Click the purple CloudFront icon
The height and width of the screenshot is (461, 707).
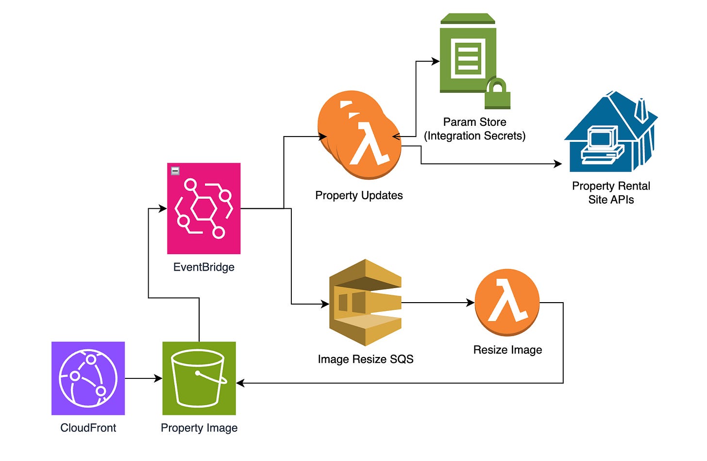[x=88, y=378]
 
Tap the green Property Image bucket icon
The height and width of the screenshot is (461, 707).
[x=199, y=378]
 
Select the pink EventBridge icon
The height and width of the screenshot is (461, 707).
[x=203, y=208]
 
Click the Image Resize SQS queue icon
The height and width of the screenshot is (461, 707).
[x=365, y=303]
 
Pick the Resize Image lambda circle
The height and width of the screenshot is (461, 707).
[x=507, y=302]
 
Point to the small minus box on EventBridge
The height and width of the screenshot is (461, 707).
[x=175, y=171]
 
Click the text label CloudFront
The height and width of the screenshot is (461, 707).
[x=88, y=427]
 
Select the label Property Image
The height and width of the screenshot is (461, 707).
[x=199, y=427]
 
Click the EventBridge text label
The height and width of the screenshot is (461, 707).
[x=203, y=267]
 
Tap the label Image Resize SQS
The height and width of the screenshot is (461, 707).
[x=365, y=359]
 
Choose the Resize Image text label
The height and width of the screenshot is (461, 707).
[x=507, y=349]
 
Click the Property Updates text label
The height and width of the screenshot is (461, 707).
[x=359, y=195]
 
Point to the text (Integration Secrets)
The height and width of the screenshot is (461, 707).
[x=474, y=136]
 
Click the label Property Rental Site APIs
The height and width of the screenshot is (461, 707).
[x=611, y=192]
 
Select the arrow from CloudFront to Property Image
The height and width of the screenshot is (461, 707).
[x=143, y=378]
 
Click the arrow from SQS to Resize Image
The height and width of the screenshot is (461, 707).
[x=437, y=303]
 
